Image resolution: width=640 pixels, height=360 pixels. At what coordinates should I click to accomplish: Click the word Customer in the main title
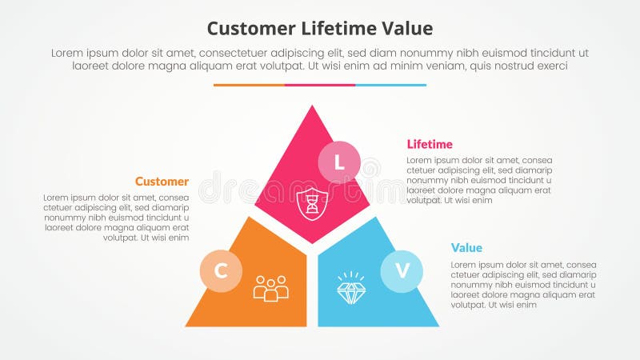click(249, 29)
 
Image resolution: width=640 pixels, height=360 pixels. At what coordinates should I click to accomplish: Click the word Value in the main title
click(406, 29)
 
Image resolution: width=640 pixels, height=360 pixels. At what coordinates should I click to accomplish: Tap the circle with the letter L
click(339, 163)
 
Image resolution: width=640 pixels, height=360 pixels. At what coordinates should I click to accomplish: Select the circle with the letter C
click(221, 270)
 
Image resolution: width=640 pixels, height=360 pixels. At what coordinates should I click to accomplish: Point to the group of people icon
click(270, 288)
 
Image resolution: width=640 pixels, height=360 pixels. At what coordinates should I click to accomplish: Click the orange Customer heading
click(162, 182)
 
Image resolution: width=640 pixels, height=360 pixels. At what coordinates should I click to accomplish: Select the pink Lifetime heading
click(430, 144)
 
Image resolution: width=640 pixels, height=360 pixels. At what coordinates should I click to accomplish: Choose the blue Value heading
click(466, 248)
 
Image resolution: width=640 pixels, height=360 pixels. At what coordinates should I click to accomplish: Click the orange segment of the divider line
click(249, 85)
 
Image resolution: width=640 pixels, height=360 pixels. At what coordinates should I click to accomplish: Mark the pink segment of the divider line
click(320, 85)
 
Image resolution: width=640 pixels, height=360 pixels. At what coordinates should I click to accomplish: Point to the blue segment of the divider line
click(390, 85)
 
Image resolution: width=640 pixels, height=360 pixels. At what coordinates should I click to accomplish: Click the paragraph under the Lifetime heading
click(479, 180)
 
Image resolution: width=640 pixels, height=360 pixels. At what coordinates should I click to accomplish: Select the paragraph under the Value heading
click(523, 284)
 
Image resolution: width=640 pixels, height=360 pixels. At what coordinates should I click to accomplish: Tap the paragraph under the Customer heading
click(117, 217)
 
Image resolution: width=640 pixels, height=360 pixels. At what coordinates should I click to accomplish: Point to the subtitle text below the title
click(320, 59)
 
